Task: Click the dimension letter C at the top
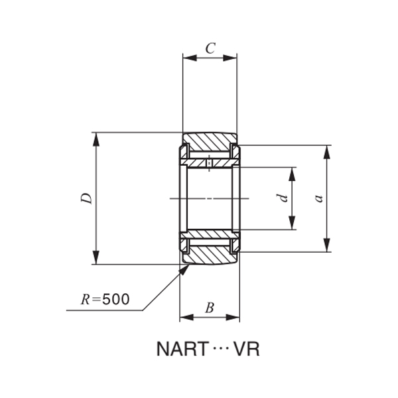click(210, 48)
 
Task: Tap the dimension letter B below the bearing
click(209, 307)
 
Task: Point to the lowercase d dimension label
click(283, 198)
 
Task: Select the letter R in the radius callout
click(85, 299)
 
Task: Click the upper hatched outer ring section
click(209, 142)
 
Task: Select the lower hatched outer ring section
click(209, 255)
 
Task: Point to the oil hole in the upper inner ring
click(210, 163)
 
